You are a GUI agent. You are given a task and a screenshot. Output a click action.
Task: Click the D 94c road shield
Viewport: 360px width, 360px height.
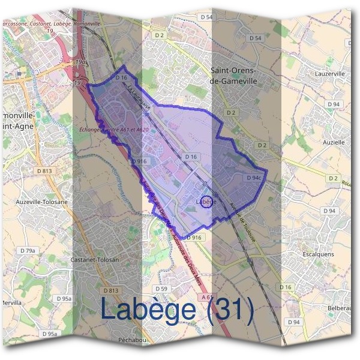point(253,178)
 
